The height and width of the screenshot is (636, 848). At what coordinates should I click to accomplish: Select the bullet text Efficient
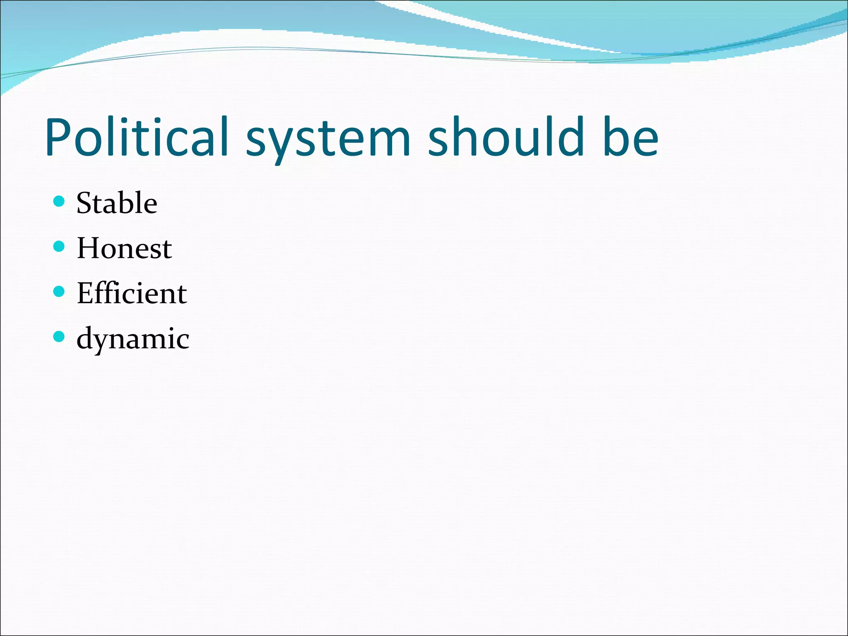click(132, 293)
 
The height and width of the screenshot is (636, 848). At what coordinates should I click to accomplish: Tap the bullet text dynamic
click(133, 339)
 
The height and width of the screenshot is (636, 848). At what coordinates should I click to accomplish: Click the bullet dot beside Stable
click(59, 202)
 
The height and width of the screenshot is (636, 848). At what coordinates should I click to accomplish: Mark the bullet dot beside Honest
click(59, 247)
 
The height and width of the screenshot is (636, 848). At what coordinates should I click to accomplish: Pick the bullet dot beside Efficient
click(59, 292)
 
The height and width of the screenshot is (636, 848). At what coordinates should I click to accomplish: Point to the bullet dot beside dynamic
click(59, 337)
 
